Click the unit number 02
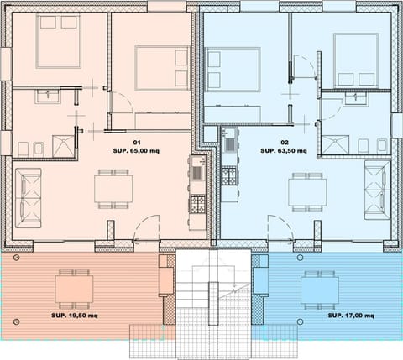(x=284, y=142)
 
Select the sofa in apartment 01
(x=28, y=196)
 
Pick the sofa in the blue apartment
(x=375, y=188)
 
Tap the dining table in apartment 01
(x=113, y=188)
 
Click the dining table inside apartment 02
(x=307, y=190)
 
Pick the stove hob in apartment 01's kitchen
(x=197, y=203)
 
